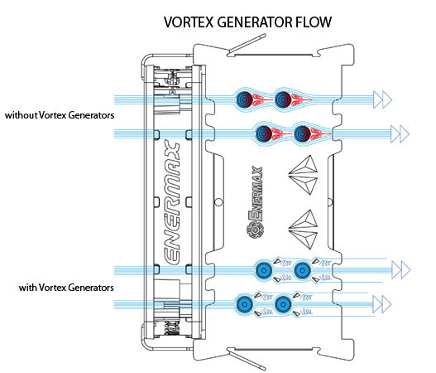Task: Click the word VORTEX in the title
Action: pos(189,22)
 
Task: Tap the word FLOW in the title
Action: pos(314,22)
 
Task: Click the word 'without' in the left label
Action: pos(21,115)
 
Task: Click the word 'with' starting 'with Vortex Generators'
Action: pos(27,287)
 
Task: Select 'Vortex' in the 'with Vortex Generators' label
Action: pos(52,287)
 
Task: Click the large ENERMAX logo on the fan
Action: pos(172,202)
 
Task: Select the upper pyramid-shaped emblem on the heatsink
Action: pos(303,175)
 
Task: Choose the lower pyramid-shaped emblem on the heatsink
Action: pos(303,230)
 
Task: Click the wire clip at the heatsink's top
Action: pos(247,45)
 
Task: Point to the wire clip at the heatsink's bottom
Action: pos(247,360)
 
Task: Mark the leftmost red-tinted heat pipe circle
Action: pos(244,99)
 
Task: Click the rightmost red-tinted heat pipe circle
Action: pos(302,133)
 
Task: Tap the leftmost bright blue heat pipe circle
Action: pos(244,304)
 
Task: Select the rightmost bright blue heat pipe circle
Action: pos(302,269)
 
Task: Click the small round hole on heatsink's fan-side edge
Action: pos(219,202)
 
